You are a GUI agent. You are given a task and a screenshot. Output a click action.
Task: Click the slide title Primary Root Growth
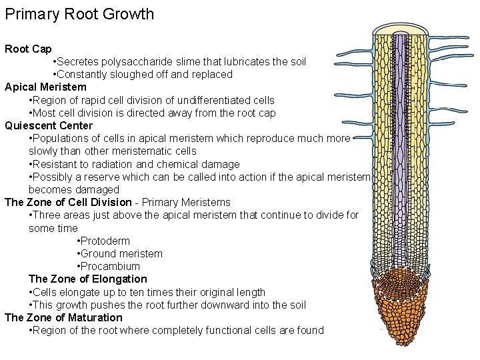pos(79,14)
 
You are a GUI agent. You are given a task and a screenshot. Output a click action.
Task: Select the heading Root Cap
pos(28,49)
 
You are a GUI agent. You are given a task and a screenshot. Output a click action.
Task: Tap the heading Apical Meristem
pos(45,87)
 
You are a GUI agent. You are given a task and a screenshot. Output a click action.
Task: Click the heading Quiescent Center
pos(49,125)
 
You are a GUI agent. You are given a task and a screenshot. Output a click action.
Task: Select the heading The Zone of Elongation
pos(88,279)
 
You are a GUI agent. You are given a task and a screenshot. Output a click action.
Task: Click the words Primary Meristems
pos(186,202)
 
